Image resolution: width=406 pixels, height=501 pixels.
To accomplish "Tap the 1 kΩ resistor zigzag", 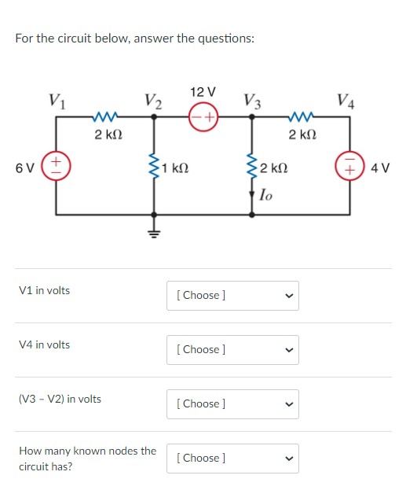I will (154, 167).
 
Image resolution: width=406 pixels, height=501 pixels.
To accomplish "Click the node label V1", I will (56, 101).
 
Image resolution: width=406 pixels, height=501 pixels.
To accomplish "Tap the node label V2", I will (154, 101).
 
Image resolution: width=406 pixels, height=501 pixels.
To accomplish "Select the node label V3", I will (252, 101).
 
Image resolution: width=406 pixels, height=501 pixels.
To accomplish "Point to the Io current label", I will (267, 194).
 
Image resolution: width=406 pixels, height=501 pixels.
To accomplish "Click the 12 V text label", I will (203, 94).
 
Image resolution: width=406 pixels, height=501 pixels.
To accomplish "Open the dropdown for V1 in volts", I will (232, 295).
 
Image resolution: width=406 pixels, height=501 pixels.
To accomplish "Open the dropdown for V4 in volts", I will (232, 349).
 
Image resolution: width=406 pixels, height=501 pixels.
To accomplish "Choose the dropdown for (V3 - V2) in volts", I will (232, 403).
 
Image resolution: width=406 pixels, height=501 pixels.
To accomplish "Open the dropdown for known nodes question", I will (232, 458).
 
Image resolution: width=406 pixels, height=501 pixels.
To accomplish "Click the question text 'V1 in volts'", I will (44, 290).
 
